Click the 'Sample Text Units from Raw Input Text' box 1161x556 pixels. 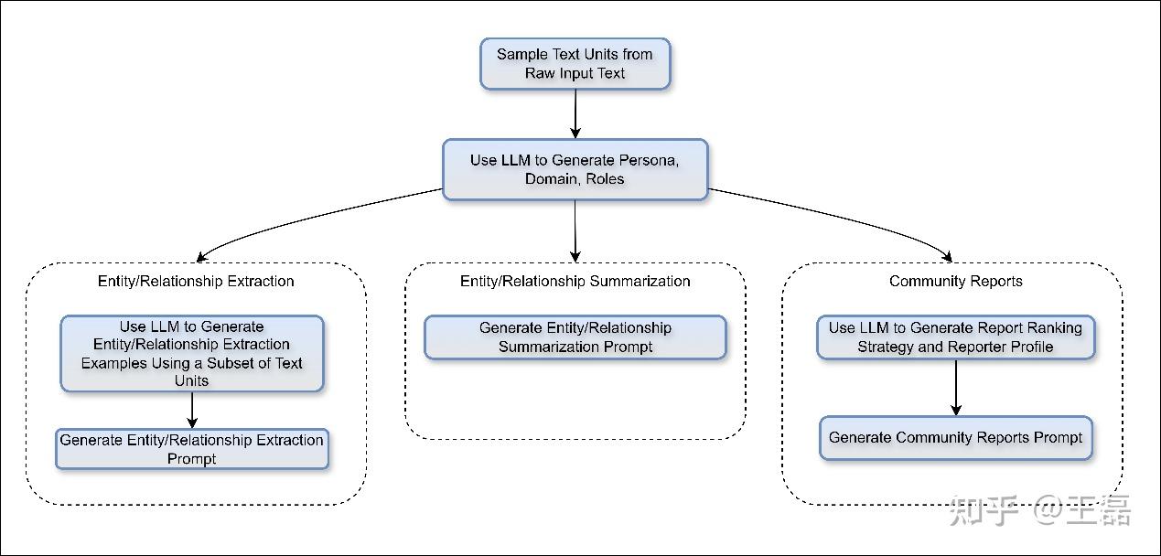point(575,64)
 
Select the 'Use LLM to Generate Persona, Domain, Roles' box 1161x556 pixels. point(575,169)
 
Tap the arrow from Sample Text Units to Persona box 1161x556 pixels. point(575,113)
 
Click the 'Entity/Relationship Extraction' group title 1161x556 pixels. point(196,281)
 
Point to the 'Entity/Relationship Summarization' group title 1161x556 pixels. point(575,281)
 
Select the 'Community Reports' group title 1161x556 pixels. point(955,281)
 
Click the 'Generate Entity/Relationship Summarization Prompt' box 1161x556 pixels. point(575,337)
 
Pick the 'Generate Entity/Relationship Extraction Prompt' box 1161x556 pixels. point(191,449)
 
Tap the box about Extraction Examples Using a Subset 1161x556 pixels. point(191,353)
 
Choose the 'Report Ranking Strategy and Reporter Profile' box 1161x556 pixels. point(955,337)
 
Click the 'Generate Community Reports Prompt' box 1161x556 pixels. point(955,438)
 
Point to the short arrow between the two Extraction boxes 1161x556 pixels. point(192,411)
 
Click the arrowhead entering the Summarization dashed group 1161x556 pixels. point(575,256)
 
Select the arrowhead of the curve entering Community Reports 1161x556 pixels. point(948,256)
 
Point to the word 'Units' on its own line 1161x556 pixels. point(191,380)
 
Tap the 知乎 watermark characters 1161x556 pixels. point(984,510)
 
